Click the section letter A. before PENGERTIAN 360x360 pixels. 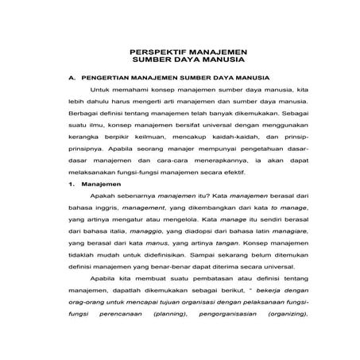[72, 78]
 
